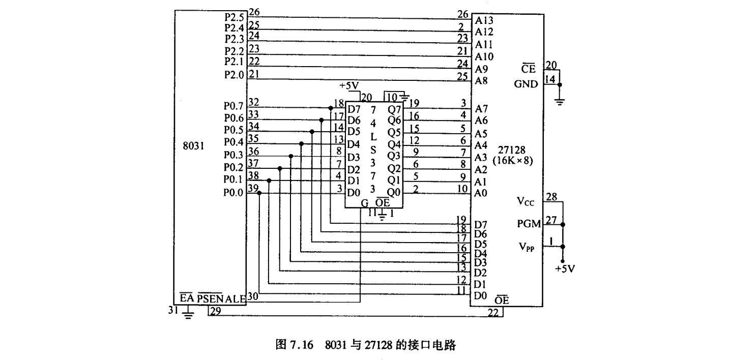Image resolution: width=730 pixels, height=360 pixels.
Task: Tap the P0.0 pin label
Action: [x=234, y=193]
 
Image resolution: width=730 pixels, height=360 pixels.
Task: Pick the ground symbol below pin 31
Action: [x=189, y=314]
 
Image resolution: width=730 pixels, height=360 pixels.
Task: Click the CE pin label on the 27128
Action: [x=529, y=70]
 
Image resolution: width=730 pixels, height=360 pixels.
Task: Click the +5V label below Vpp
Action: [x=565, y=268]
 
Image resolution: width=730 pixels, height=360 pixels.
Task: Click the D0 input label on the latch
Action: [x=354, y=193]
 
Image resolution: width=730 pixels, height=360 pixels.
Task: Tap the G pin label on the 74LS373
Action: [x=364, y=203]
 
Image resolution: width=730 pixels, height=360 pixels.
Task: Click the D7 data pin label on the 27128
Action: [x=481, y=224]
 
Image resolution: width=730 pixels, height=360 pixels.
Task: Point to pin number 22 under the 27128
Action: [x=493, y=314]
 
